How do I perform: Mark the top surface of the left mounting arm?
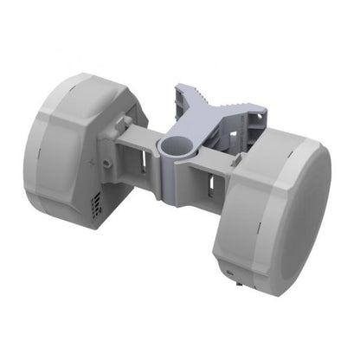(138, 134)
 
